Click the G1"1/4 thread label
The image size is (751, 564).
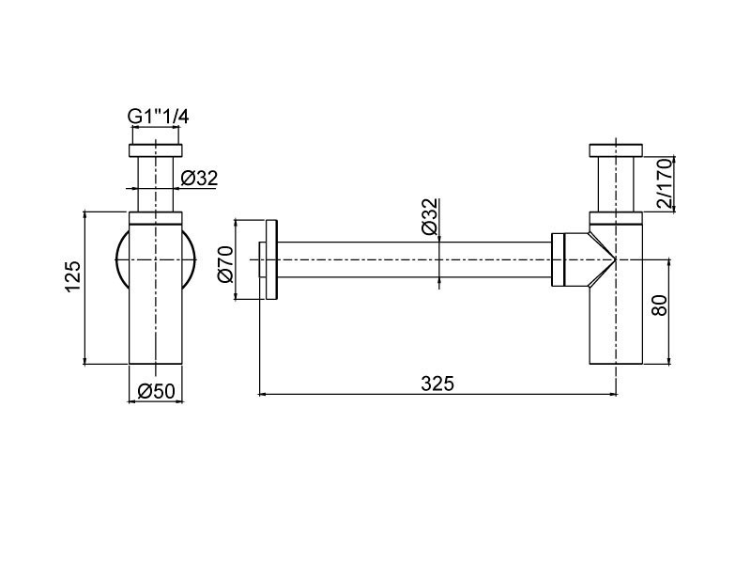click(158, 117)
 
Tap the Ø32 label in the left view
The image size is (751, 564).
click(199, 179)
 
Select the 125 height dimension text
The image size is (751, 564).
click(72, 276)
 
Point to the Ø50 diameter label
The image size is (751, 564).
click(156, 391)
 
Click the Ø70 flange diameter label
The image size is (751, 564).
click(225, 263)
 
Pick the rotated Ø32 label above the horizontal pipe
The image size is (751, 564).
click(430, 216)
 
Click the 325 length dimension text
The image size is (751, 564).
click(437, 384)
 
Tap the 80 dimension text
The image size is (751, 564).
click(660, 305)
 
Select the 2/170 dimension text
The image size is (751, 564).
click(665, 183)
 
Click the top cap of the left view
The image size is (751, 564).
click(156, 150)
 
